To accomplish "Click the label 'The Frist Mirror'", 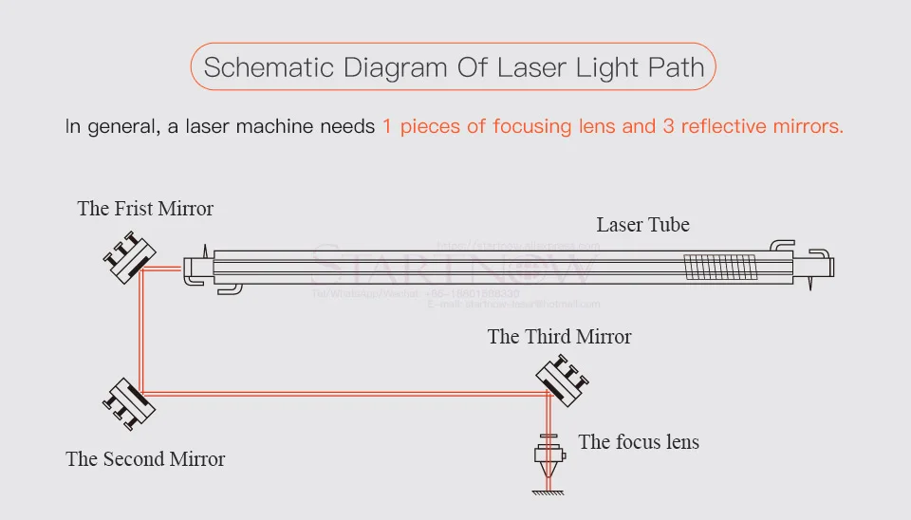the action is (145, 209).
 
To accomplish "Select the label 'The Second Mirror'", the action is (145, 459).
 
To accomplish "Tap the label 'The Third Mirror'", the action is (559, 337).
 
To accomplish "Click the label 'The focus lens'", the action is (639, 442).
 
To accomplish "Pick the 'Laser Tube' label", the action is (642, 225).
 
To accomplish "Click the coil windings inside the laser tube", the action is (720, 266).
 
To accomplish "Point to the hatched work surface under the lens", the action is (548, 491).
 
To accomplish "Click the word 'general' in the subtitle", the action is (121, 126).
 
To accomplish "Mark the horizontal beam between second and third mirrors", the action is (342, 392).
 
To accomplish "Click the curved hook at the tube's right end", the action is (780, 245).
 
